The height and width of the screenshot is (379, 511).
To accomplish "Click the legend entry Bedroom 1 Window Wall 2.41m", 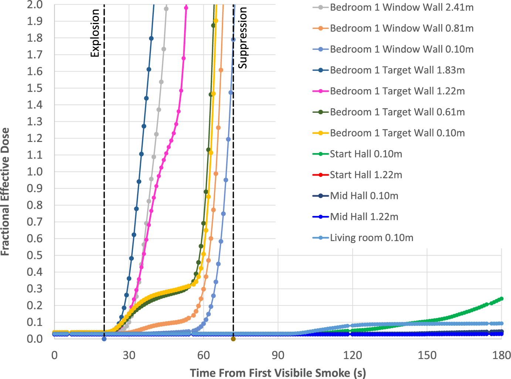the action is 393,7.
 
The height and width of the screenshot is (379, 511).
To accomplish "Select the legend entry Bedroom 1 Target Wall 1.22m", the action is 389,91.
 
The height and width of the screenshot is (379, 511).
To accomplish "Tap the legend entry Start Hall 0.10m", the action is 357,154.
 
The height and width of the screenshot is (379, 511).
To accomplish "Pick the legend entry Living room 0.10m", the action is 363,237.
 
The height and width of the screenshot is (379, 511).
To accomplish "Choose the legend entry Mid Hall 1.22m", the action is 355,217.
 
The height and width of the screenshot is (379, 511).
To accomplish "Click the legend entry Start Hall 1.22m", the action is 357,175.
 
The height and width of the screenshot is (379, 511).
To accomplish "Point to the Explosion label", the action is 95,33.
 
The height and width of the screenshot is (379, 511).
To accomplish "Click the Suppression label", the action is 243,38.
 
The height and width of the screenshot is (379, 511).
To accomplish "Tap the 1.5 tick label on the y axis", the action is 35,88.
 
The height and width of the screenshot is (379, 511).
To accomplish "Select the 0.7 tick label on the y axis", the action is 35,222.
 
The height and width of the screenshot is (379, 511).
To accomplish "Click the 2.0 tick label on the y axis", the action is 35,4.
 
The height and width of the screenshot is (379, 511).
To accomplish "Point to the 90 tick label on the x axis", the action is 278,355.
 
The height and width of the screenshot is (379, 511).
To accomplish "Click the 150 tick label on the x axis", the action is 427,355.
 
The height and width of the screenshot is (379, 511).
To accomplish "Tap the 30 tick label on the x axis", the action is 129,355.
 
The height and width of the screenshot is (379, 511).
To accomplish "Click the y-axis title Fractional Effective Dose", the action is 5,192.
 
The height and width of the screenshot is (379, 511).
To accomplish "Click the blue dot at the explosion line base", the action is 104,339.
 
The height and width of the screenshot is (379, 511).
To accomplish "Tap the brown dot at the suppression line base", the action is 233,339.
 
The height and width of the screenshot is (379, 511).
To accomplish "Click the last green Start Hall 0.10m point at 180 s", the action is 501,299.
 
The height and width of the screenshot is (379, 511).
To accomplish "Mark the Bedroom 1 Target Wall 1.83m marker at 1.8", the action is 151,38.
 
